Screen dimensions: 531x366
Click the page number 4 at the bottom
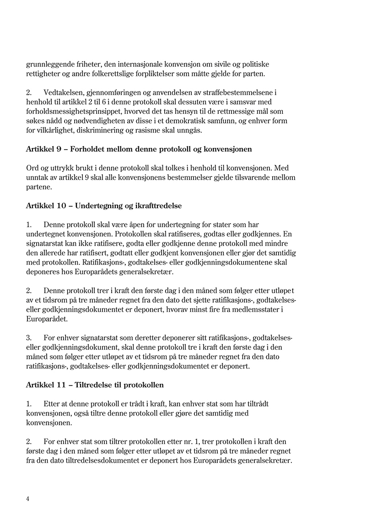coord(28,499)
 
